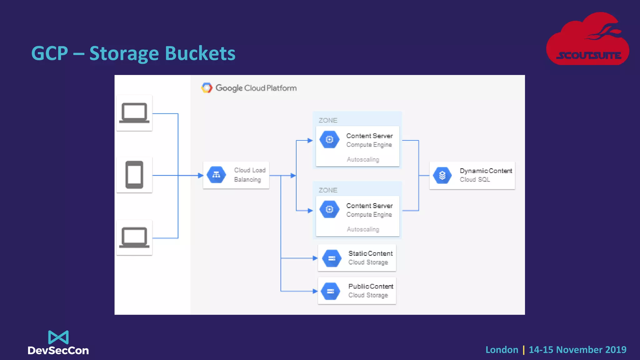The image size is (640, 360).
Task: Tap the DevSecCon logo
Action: [x=58, y=343]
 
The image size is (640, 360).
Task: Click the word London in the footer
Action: [x=502, y=350]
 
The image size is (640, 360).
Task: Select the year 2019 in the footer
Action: [x=615, y=350]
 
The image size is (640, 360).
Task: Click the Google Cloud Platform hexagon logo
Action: [x=207, y=88]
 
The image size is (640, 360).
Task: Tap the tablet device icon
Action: [x=134, y=175]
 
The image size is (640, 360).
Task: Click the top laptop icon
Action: [x=134, y=113]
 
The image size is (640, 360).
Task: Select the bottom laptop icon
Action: [x=134, y=237]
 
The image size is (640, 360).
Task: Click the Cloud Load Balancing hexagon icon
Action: [x=216, y=175]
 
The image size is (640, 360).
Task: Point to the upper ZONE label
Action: [x=328, y=120]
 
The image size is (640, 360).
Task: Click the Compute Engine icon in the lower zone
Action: [x=329, y=209]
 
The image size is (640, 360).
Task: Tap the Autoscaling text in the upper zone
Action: [x=363, y=159]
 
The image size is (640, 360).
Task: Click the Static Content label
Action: [x=370, y=253]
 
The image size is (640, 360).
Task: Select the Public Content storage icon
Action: [x=331, y=291]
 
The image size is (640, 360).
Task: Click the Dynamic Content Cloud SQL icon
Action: [x=442, y=175]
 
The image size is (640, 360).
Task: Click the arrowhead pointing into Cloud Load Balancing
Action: [x=201, y=175]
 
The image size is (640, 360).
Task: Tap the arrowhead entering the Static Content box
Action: [x=315, y=258]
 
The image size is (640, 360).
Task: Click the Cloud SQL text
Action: [x=475, y=180]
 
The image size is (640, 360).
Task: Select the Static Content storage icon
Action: [x=332, y=258]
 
